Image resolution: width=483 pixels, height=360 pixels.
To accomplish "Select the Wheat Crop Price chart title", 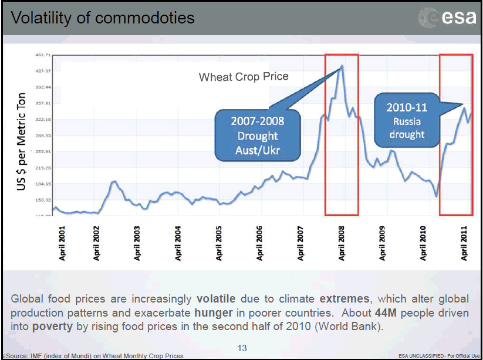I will tap(244, 77).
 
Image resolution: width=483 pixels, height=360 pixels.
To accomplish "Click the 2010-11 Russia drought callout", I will tap(406, 121).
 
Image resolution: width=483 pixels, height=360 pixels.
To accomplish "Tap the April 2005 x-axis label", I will tap(219, 243).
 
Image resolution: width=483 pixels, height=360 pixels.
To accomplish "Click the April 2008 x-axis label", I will tap(342, 243).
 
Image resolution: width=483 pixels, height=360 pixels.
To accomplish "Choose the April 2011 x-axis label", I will tap(464, 243).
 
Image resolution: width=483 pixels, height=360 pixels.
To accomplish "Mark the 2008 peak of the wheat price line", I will tap(342, 66).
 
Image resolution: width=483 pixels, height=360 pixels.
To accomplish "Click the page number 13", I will tap(242, 348).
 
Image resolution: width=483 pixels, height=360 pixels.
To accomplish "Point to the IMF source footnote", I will tap(94, 356).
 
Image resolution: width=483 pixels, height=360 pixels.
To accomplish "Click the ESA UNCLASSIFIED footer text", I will tap(437, 356).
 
